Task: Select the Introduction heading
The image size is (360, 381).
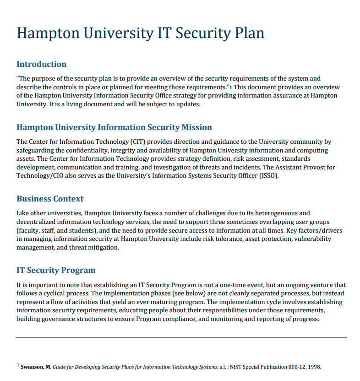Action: point(42,64)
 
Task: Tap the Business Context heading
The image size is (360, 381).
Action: point(50,199)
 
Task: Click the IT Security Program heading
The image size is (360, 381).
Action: point(56,270)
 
